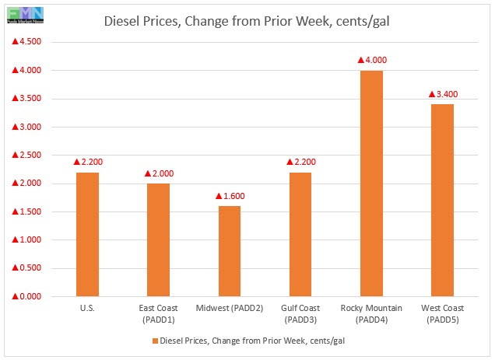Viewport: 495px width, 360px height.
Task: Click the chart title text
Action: (247, 21)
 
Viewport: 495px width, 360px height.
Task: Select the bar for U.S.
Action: (87, 234)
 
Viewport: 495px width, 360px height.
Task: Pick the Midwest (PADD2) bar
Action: (230, 251)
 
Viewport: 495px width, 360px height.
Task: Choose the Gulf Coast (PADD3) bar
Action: (300, 234)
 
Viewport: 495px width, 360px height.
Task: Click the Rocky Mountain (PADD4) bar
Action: (371, 183)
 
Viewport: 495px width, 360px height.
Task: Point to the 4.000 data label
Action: (371, 60)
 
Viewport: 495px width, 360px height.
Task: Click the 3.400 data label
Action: (443, 94)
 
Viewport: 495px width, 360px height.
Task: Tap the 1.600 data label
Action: (230, 196)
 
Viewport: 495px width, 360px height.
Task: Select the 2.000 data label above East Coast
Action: (158, 173)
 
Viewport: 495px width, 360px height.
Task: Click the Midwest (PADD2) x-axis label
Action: (230, 309)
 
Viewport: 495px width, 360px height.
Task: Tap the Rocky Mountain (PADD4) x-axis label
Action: (371, 314)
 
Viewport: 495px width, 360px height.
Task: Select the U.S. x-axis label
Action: (87, 309)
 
